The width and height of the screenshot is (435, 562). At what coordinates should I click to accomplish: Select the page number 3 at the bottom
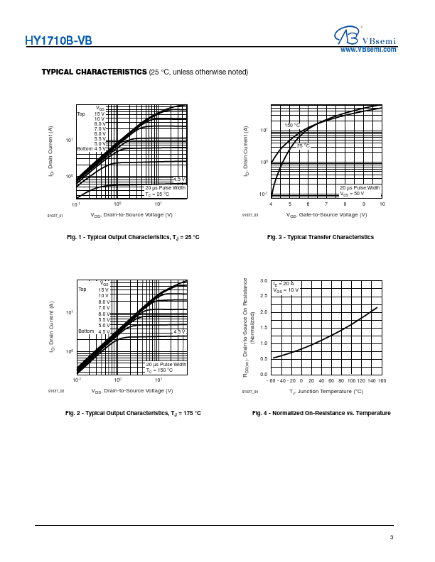(391, 537)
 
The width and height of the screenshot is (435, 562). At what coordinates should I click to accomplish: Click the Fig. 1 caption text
(133, 236)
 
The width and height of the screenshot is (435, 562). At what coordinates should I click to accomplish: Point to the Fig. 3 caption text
(320, 236)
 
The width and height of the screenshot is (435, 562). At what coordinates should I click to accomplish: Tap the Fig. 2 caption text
(133, 412)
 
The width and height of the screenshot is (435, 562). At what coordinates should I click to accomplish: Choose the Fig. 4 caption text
(321, 412)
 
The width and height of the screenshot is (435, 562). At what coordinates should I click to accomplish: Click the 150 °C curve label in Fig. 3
(291, 126)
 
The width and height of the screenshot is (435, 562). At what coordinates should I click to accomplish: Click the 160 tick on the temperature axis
(382, 381)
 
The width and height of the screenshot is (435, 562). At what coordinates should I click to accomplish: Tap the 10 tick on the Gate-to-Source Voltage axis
(382, 204)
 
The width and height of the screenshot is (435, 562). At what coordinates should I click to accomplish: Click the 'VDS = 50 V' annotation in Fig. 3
(353, 193)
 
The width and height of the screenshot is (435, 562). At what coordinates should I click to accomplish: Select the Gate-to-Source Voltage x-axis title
(326, 214)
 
